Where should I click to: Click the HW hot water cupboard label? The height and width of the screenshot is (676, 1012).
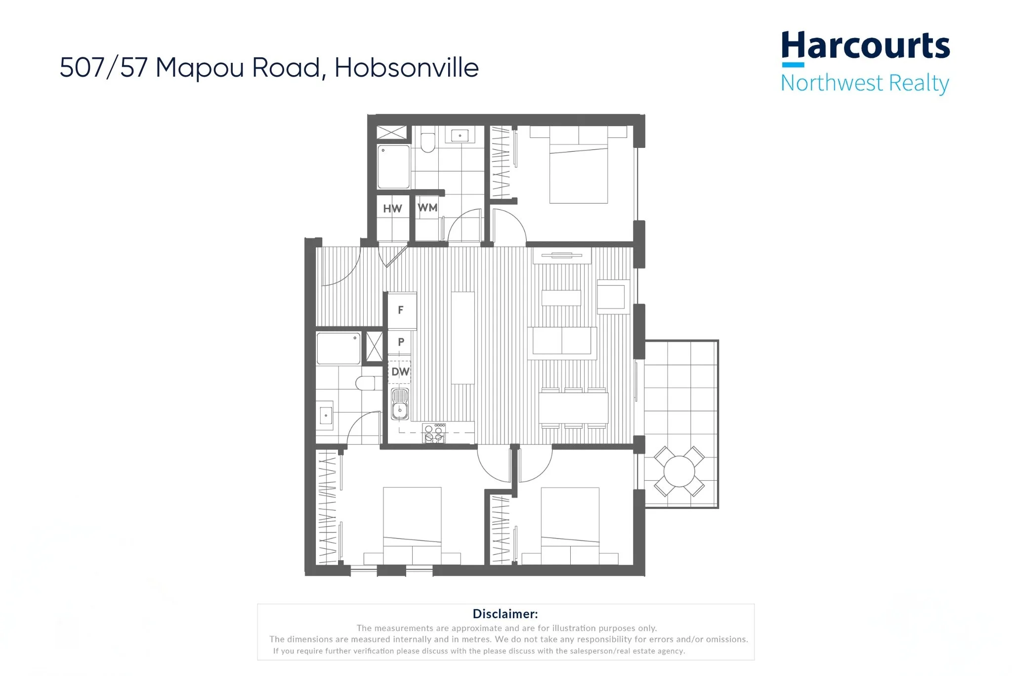click(392, 209)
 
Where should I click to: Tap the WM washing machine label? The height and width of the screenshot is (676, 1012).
click(427, 208)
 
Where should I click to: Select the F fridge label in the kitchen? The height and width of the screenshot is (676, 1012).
click(401, 310)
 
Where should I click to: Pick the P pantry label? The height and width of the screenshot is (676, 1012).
click(401, 342)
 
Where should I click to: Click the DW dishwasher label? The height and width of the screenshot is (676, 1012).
click(400, 371)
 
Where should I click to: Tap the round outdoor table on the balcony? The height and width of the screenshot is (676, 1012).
click(679, 471)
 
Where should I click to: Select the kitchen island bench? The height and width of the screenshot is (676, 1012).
click(463, 337)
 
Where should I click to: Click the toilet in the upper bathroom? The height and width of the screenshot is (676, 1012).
click(428, 142)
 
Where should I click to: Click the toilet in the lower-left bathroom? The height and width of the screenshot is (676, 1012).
click(366, 383)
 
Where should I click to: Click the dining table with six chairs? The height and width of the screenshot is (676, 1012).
click(573, 408)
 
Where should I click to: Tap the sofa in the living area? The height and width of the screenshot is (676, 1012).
click(562, 341)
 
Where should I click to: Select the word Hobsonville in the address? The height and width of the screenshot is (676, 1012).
click(406, 68)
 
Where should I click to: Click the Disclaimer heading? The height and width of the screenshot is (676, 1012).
click(505, 614)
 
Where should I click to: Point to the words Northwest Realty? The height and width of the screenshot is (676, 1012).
click(865, 83)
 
